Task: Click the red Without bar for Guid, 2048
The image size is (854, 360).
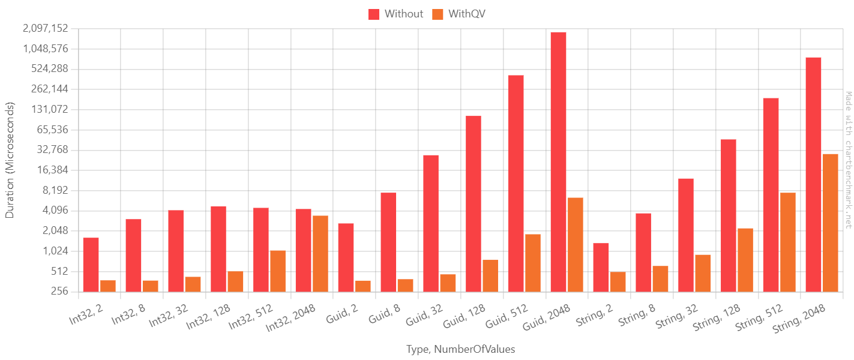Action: coord(558,162)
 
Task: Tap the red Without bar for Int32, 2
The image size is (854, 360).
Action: coord(91,265)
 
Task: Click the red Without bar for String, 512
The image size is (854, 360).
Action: coord(771,195)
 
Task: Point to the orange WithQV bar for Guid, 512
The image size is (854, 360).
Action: coord(532,263)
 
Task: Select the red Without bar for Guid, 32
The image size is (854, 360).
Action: coord(431,223)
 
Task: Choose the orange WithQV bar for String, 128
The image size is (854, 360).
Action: coord(745,260)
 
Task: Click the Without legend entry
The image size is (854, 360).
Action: coord(395,14)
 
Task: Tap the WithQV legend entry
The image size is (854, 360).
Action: coord(459,14)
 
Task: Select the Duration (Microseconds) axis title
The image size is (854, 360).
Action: coord(10,160)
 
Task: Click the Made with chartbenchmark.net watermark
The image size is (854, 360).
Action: coord(848,160)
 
